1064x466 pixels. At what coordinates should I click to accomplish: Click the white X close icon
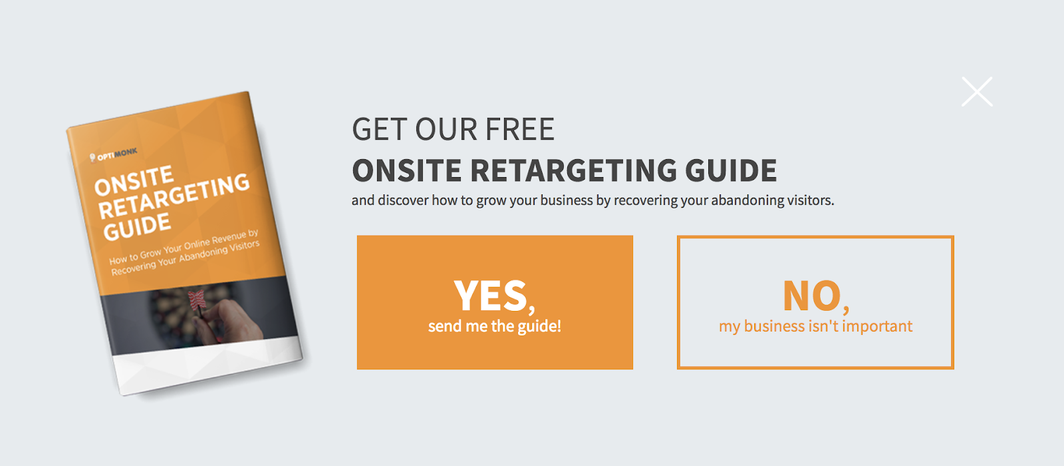coord(977,91)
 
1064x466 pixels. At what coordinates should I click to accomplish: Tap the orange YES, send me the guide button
coord(495,302)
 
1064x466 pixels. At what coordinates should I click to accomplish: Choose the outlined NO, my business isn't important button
coord(815,302)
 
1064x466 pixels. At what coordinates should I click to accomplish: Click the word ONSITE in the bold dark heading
coord(406,170)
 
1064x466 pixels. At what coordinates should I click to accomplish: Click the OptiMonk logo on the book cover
coord(113,154)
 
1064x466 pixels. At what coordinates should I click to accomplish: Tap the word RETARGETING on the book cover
coord(174,196)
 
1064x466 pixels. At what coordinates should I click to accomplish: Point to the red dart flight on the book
coord(197,300)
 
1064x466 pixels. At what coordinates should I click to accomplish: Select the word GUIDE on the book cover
coord(137,227)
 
